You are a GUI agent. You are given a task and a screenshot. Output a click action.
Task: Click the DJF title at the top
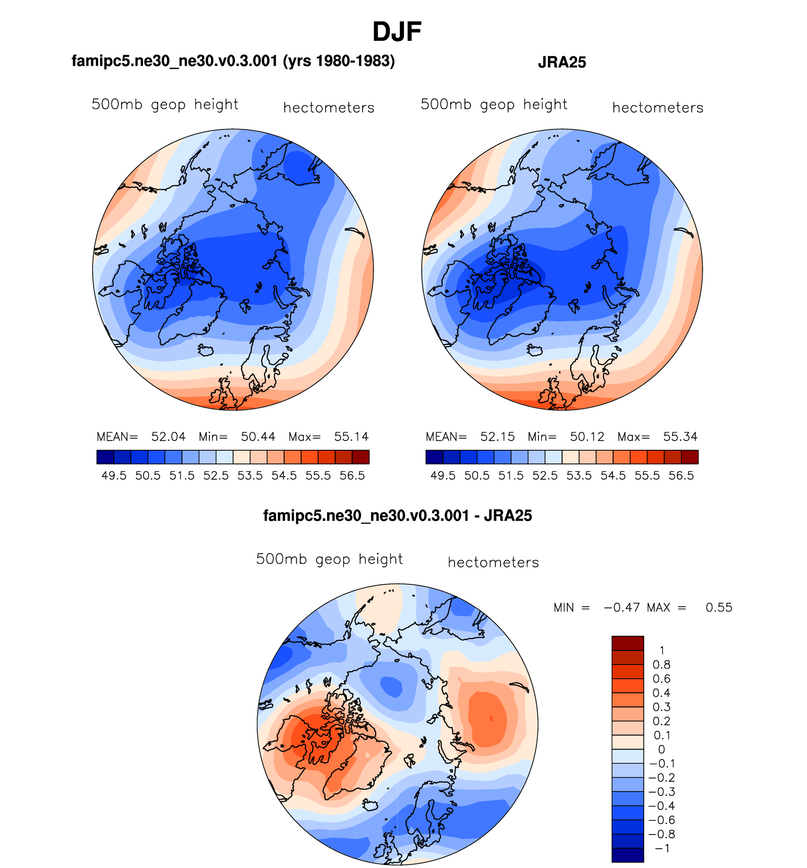pos(396,32)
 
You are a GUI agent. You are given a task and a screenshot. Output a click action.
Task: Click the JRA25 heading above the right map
pos(562,62)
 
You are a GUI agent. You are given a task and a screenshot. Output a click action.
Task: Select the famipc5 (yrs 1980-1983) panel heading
pos(233,61)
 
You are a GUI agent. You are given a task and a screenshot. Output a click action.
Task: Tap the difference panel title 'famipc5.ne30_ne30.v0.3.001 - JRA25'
pos(397,515)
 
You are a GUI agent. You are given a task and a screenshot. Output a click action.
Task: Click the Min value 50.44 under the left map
pos(258,437)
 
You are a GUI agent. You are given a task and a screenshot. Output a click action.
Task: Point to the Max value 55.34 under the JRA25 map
pos(680,437)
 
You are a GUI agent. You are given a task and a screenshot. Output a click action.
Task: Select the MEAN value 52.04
pos(168,437)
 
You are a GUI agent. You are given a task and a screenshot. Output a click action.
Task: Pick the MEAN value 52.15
pos(497,437)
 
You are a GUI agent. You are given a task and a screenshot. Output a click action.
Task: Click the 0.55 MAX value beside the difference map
pos(719,607)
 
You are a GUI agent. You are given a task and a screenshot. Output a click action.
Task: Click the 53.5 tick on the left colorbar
pos(250,476)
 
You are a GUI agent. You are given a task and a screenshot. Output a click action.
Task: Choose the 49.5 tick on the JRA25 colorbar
pos(443,476)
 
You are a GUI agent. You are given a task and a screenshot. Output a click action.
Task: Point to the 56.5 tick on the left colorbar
pos(352,476)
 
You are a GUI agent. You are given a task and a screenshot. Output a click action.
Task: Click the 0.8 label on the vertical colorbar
pos(661,665)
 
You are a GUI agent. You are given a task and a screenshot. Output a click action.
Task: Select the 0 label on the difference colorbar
pos(661,750)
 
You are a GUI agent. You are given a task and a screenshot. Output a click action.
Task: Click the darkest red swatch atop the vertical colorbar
pos(627,643)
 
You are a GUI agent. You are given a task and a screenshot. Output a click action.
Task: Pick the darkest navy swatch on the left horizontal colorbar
pos(105,457)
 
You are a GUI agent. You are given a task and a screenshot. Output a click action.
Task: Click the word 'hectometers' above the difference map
pos(493,563)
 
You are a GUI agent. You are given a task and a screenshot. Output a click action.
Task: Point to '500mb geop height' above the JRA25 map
pos(494,104)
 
